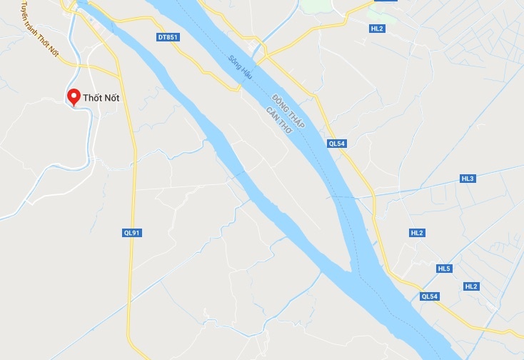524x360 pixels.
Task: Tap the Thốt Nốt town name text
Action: (x=101, y=98)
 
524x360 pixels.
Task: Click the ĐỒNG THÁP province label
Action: (x=288, y=111)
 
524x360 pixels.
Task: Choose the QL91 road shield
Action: (x=131, y=232)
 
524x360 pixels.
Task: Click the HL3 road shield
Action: (x=468, y=178)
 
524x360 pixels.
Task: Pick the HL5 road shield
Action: (x=444, y=269)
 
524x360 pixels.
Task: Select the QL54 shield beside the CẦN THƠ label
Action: (x=336, y=143)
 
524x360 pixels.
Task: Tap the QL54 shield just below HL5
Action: (x=429, y=296)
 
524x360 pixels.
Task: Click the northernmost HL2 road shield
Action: (x=377, y=29)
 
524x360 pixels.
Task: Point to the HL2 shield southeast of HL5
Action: (x=470, y=286)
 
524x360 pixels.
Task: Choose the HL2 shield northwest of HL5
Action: (x=417, y=233)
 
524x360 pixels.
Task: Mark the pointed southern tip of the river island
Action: (x=351, y=270)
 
